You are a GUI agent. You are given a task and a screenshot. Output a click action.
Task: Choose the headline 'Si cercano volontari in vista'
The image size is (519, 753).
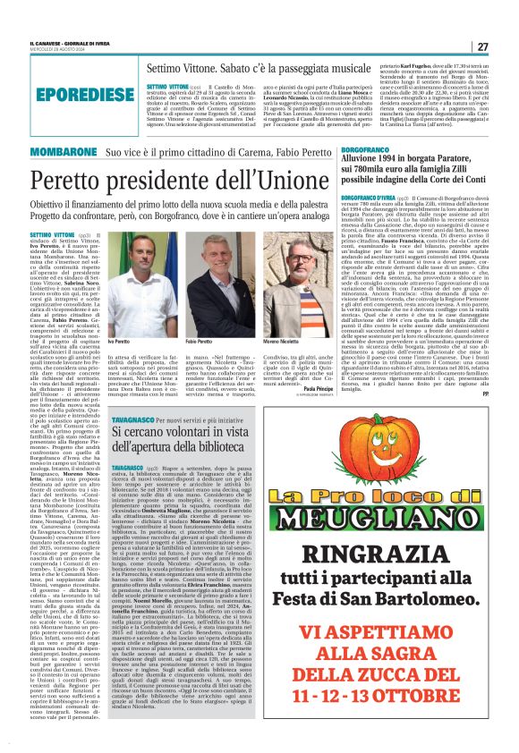208,428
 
